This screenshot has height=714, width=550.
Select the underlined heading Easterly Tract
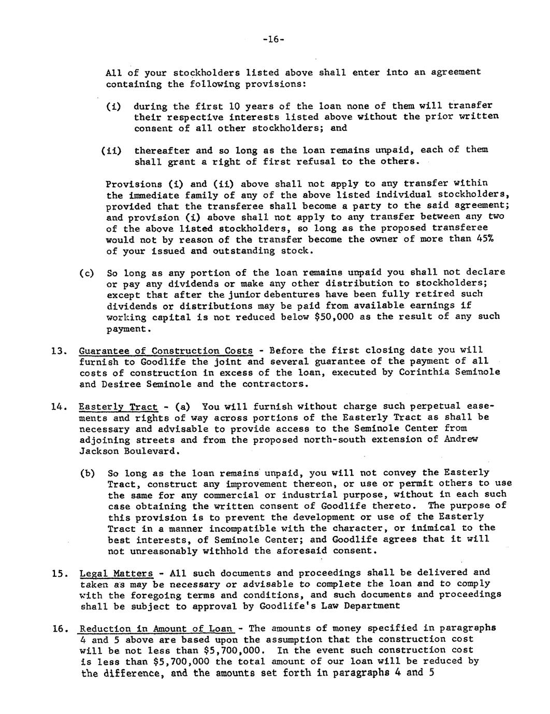(x=118, y=407)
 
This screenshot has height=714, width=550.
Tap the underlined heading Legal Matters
(x=117, y=573)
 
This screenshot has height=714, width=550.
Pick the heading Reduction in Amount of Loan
(x=155, y=629)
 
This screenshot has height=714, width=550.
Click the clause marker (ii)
(x=112, y=151)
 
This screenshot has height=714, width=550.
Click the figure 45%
(x=485, y=240)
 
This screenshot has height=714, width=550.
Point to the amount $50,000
(x=334, y=317)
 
